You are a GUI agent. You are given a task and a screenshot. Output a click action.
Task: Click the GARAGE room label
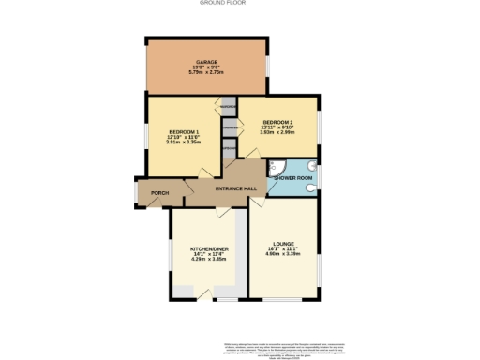point(206,61)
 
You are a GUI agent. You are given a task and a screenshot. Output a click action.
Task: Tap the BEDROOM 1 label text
point(185,131)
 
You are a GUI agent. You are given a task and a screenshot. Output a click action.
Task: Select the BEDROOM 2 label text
point(278,123)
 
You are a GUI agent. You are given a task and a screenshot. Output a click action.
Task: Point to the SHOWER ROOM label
point(293,177)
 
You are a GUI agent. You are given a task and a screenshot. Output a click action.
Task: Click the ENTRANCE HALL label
point(222,189)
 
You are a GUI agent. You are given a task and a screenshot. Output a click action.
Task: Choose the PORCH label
point(148,195)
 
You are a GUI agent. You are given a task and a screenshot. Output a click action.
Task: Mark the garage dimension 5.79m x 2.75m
point(206,73)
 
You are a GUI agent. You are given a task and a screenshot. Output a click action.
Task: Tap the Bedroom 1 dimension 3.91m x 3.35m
point(185,142)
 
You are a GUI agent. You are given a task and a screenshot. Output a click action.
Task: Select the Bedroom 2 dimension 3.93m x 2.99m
point(278,133)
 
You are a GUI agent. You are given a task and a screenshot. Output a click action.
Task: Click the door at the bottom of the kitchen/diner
point(227,300)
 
